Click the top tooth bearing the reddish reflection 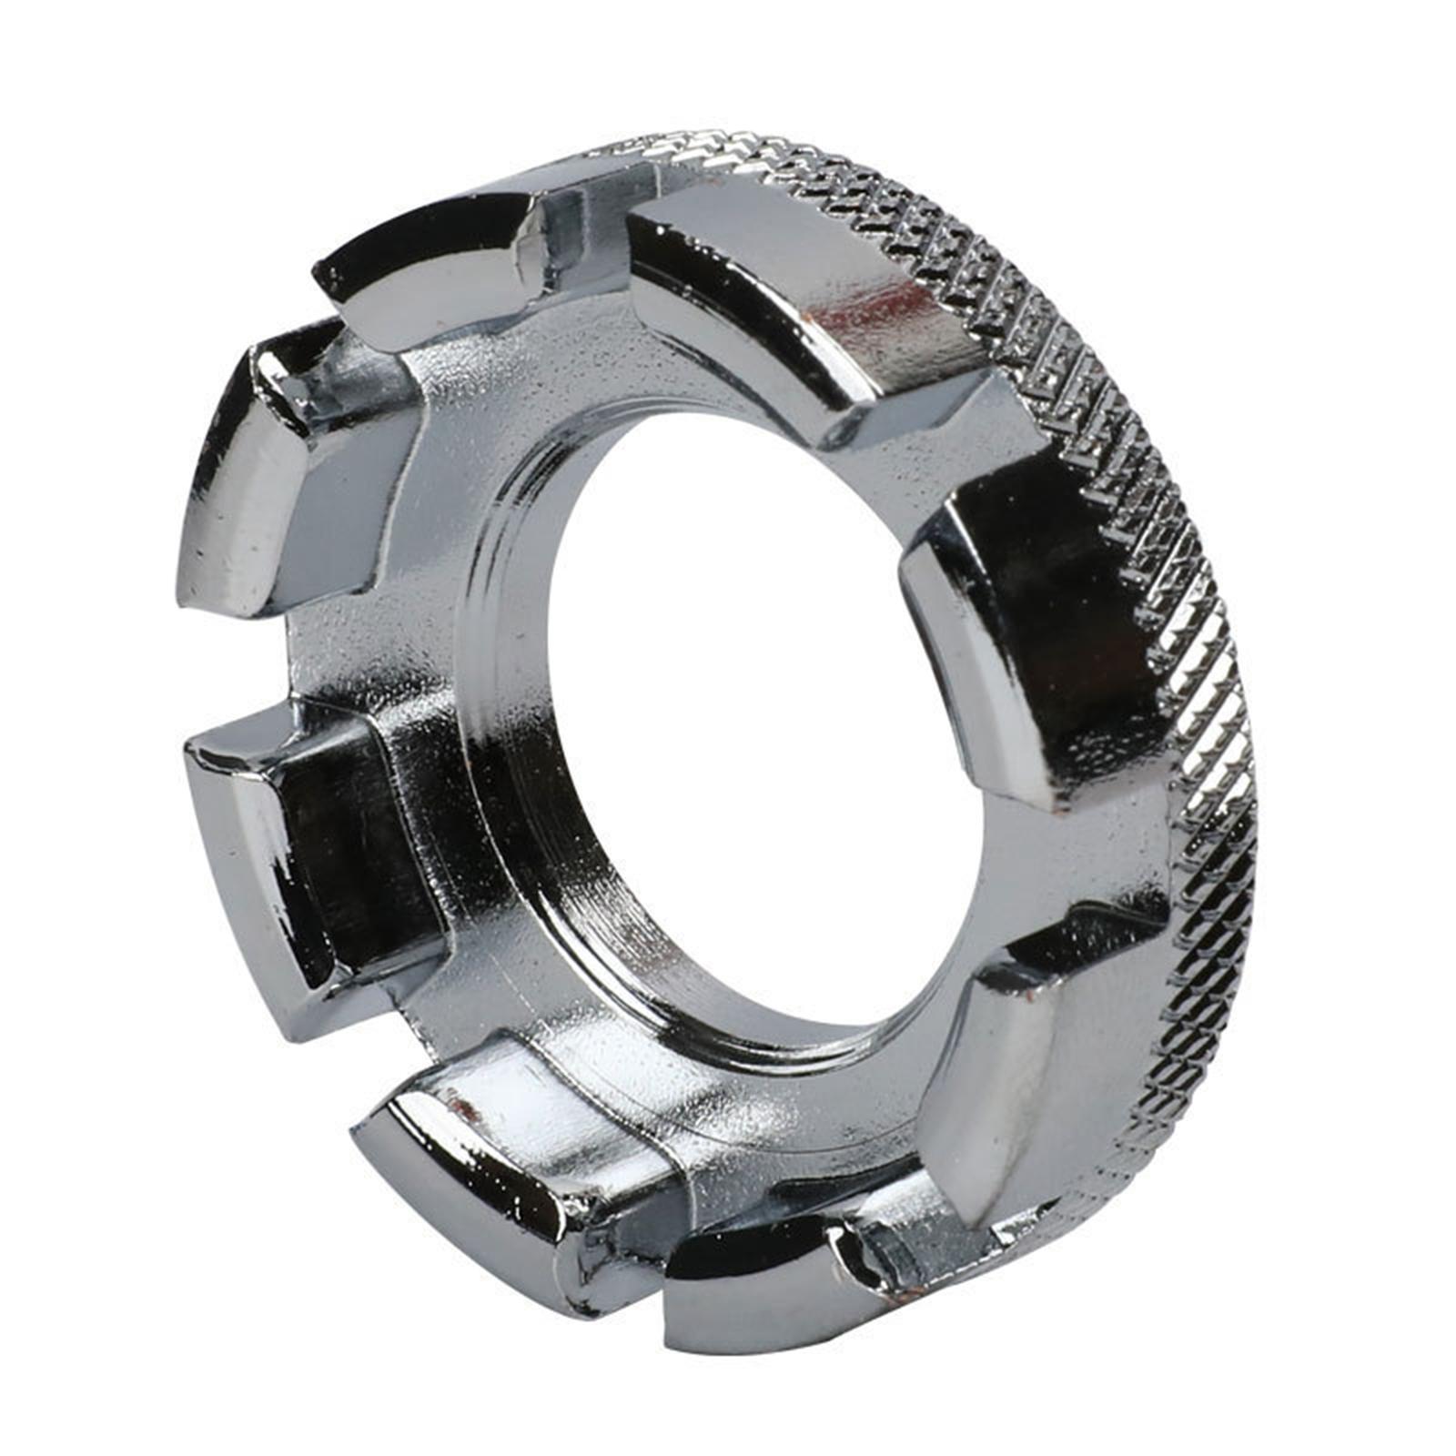click(x=801, y=300)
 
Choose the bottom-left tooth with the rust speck click(x=491, y=1174)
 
